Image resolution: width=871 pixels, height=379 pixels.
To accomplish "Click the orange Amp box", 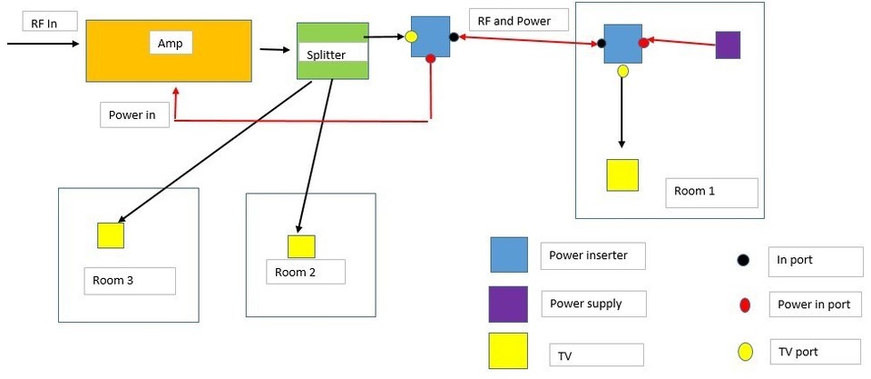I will (x=169, y=52).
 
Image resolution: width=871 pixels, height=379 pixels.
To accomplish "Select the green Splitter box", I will (x=333, y=52).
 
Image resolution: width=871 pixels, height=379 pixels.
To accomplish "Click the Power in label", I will (x=134, y=115).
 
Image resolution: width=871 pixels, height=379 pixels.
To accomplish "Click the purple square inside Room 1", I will (x=728, y=45).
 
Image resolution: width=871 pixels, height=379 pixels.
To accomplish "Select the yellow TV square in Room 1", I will (x=622, y=175).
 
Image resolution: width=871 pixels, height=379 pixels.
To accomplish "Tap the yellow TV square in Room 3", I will (x=111, y=234).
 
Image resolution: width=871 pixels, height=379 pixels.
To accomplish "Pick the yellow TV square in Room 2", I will (x=301, y=246).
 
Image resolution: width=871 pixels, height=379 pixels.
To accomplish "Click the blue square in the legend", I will (x=509, y=255).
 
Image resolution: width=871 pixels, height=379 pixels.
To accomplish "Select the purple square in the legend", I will (x=508, y=304).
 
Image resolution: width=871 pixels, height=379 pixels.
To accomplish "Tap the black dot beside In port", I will (x=744, y=261).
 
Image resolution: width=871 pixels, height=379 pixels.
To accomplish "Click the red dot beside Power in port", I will (x=744, y=305).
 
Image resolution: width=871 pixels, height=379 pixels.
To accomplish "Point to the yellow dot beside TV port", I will (x=745, y=352).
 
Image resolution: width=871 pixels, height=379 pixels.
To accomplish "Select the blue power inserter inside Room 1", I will (x=623, y=44).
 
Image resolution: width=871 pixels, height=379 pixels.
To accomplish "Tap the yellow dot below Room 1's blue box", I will (x=622, y=70).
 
